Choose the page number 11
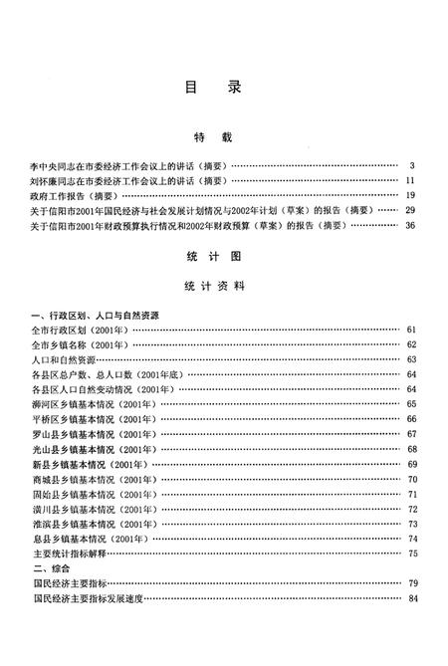409,180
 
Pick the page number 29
409,210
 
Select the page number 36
409,225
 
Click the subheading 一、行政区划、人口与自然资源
96,315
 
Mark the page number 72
411,509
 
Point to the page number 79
411,582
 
